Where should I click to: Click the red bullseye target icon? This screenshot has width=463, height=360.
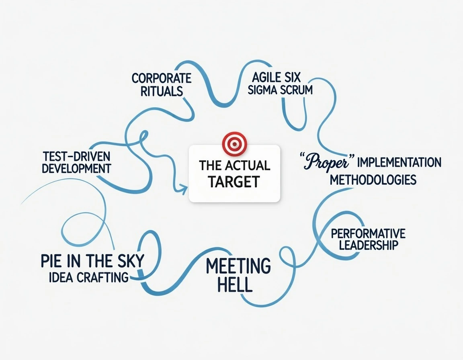pyautogui.click(x=234, y=144)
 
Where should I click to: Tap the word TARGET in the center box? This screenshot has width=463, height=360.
pyautogui.click(x=234, y=182)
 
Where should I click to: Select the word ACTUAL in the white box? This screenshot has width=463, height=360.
pyautogui.click(x=248, y=166)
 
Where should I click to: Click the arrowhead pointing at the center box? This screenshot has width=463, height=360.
pyautogui.click(x=182, y=190)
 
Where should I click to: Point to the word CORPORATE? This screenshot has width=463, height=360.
pyautogui.click(x=162, y=78)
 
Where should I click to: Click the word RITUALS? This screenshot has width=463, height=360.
pyautogui.click(x=162, y=91)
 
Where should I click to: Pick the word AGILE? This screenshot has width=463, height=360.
pyautogui.click(x=266, y=78)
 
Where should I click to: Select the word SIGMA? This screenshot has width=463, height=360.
pyautogui.click(x=262, y=90)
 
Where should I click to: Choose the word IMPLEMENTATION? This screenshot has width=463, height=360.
pyautogui.click(x=399, y=163)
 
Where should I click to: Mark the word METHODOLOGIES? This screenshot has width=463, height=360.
pyautogui.click(x=373, y=180)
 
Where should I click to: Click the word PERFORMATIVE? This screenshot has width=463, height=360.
pyautogui.click(x=368, y=234)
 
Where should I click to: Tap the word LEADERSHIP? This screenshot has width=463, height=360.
pyautogui.click(x=368, y=245)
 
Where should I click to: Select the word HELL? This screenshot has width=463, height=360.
pyautogui.click(x=235, y=284)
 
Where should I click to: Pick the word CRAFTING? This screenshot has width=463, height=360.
pyautogui.click(x=102, y=277)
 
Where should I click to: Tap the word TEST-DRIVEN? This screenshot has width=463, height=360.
pyautogui.click(x=76, y=156)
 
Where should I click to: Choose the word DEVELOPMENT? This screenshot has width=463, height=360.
pyautogui.click(x=76, y=168)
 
